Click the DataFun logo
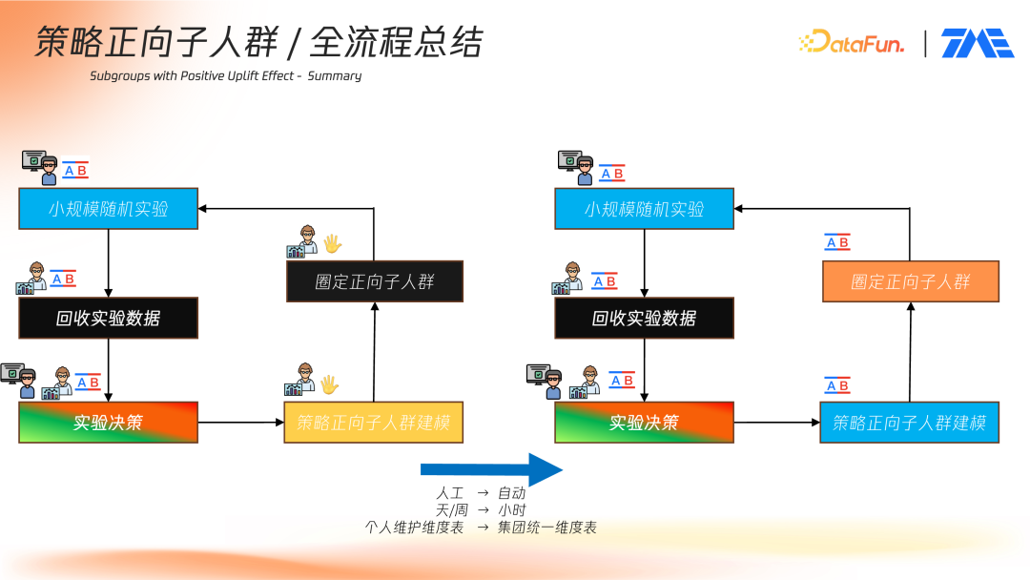click(x=852, y=43)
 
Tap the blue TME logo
click(x=978, y=43)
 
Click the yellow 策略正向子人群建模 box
click(x=373, y=423)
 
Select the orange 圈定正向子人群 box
click(x=911, y=281)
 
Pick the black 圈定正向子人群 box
click(x=375, y=281)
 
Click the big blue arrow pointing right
click(x=491, y=469)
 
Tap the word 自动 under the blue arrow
click(x=512, y=492)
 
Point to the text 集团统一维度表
click(x=547, y=528)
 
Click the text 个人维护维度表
click(x=415, y=528)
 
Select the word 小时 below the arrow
click(x=512, y=509)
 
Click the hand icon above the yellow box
click(x=330, y=384)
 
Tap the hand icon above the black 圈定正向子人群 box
click(x=333, y=243)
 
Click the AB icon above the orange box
click(x=837, y=242)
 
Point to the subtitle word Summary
click(x=335, y=76)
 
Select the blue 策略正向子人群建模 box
click(x=909, y=423)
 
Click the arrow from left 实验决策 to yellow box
click(x=240, y=423)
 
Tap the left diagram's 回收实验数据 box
click(x=109, y=318)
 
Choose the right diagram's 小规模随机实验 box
click(x=645, y=209)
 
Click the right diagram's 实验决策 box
click(x=645, y=423)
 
